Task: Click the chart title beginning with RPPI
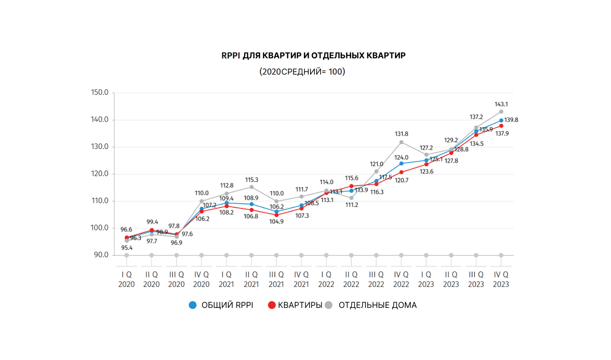[313, 55]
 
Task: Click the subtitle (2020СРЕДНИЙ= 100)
[302, 72]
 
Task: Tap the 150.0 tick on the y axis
[100, 92]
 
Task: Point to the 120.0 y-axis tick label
[100, 174]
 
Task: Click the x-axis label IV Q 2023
[501, 279]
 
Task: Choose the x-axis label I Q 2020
[127, 279]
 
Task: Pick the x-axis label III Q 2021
[276, 279]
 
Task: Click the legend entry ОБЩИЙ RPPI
[221, 305]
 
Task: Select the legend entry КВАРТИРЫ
[295, 305]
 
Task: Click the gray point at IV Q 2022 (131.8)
[401, 142]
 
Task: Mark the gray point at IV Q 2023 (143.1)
[501, 111]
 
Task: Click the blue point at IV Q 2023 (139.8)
[501, 120]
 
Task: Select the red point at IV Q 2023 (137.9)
[501, 126]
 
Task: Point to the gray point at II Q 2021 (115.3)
[251, 187]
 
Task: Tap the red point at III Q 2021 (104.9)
[276, 215]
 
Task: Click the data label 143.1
[501, 104]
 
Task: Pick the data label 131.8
[401, 134]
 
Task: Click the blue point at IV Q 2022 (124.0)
[401, 164]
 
